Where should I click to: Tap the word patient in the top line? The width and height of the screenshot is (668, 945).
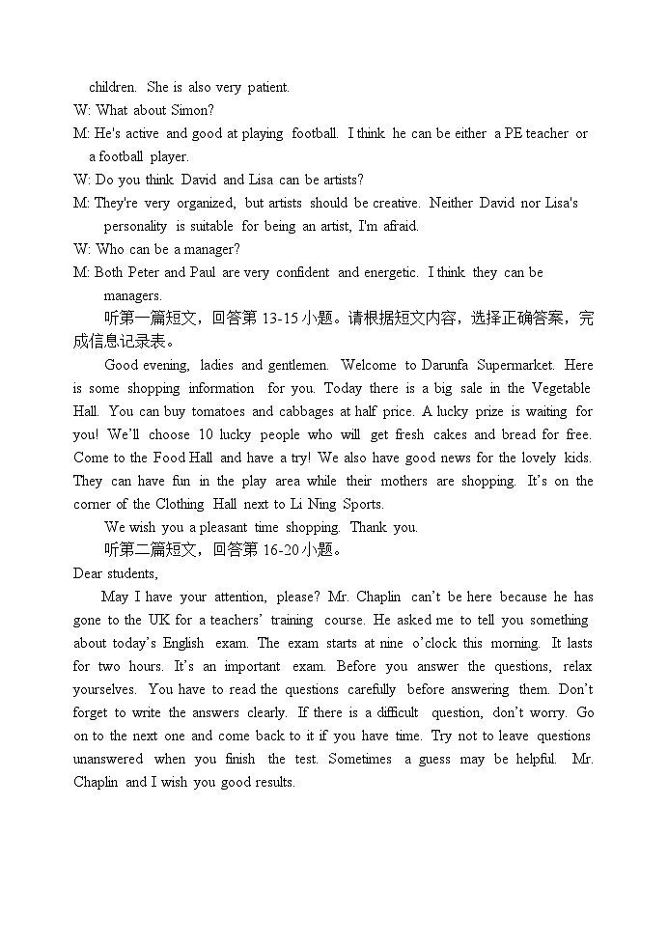[267, 87]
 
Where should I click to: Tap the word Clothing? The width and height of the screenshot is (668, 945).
[181, 504]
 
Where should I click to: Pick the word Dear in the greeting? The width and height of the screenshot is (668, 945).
[88, 573]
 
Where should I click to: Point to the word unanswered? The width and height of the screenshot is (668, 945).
[108, 759]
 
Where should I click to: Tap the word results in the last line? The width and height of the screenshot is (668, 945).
[270, 782]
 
